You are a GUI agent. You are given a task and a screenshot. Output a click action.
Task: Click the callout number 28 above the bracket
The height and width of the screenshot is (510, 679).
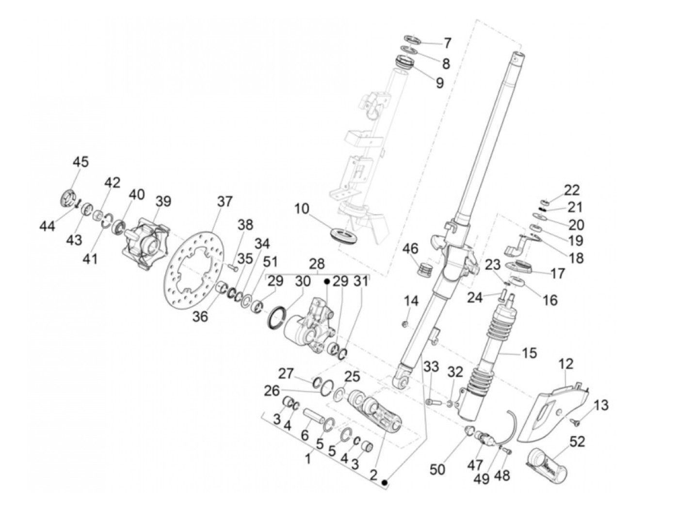point(317,264)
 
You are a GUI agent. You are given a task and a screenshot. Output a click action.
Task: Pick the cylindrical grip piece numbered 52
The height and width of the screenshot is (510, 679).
point(547,467)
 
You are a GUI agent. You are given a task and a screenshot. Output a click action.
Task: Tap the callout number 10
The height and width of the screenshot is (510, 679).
point(302,209)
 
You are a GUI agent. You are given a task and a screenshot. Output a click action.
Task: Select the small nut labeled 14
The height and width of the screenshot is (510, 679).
point(405,324)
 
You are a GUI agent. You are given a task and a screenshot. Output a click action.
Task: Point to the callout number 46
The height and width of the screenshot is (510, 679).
point(410,249)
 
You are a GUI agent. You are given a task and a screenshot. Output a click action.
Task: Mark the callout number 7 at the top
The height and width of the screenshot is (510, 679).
point(447,44)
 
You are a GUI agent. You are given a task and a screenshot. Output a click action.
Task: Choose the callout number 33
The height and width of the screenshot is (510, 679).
point(431,367)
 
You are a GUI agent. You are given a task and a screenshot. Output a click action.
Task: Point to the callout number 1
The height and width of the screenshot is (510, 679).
point(308,459)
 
